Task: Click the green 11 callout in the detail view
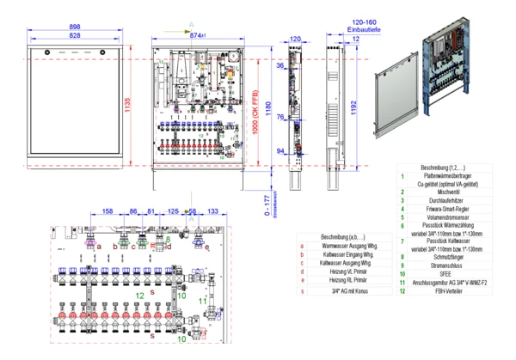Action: [x=203, y=301]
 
